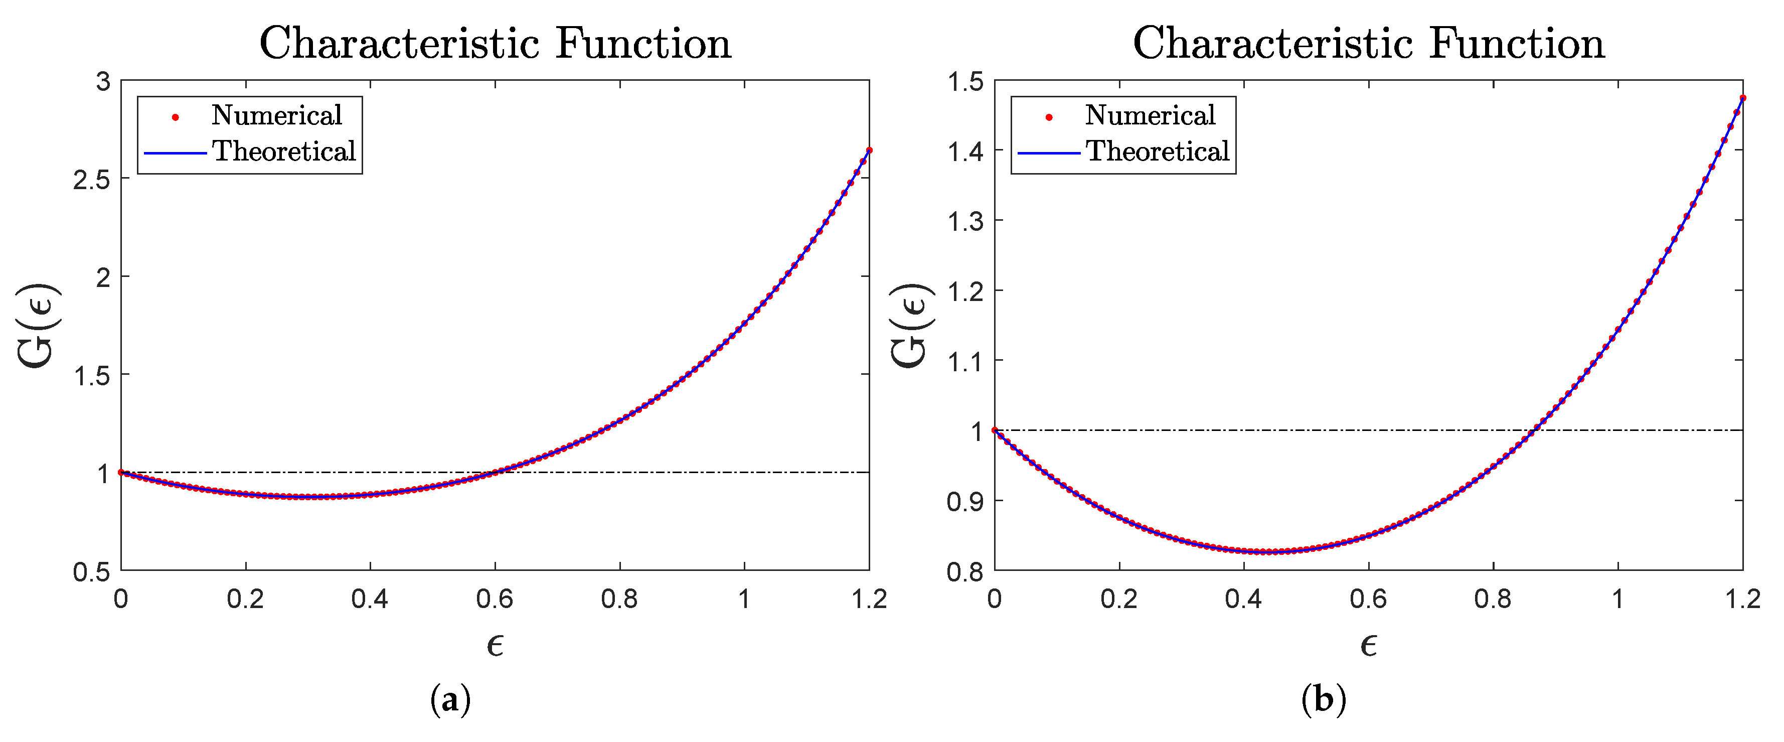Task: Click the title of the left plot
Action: [x=495, y=44]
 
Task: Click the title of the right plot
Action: [x=1369, y=44]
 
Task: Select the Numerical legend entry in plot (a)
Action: [x=276, y=116]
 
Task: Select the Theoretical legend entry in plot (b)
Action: [x=1157, y=152]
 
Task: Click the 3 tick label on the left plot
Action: [x=102, y=82]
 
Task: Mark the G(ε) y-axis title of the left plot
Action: [x=38, y=326]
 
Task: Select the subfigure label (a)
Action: [x=450, y=700]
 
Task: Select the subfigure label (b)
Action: [x=1324, y=700]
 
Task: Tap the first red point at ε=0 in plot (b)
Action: [x=995, y=430]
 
